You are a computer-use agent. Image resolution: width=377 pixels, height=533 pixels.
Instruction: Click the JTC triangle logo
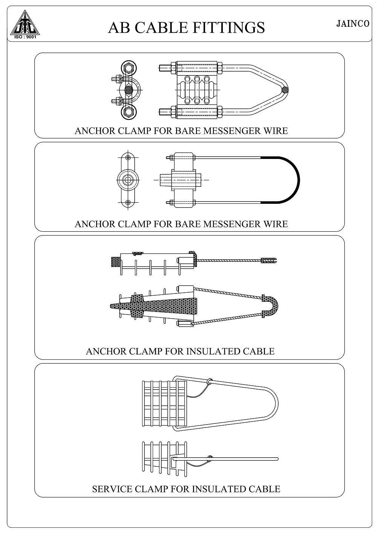pos(25,23)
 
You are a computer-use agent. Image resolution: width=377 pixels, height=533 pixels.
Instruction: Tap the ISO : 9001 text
pos(25,37)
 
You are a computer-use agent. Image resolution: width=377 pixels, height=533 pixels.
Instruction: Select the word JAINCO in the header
pos(353,24)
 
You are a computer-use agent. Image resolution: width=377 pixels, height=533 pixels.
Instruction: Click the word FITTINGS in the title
pos(228,27)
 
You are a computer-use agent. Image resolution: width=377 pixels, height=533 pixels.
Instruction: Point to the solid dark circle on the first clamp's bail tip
pos(285,90)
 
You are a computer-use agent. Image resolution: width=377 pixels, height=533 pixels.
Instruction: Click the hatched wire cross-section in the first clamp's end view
pos(129,90)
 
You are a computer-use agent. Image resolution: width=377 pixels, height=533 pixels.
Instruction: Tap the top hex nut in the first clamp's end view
pos(129,69)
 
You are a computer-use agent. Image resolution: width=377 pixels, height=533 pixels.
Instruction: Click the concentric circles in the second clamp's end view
pos(128,180)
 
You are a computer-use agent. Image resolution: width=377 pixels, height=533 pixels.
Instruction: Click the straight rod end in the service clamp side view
pos(276,459)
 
